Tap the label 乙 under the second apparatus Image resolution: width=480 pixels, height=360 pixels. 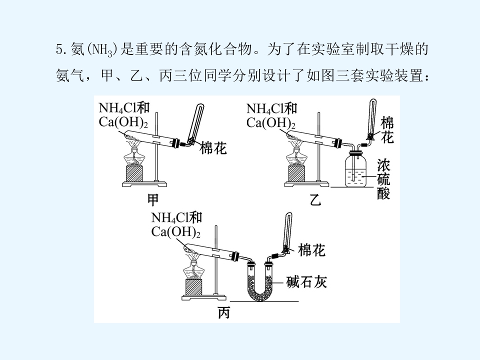[x=315, y=200]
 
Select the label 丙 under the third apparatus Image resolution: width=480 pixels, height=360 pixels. [x=224, y=313]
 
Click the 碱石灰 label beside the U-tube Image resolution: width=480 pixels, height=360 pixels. [x=306, y=282]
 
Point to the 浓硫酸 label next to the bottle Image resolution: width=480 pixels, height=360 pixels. [x=383, y=179]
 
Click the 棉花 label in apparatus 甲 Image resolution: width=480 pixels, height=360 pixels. [x=213, y=148]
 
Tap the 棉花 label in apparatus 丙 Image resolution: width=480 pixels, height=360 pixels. [x=311, y=250]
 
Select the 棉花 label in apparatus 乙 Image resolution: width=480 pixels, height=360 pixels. [x=387, y=130]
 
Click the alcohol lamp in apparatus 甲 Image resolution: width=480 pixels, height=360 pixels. [x=134, y=155]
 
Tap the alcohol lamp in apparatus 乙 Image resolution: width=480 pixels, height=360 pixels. [x=296, y=156]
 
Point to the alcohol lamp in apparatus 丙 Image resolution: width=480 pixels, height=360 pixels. [x=193, y=267]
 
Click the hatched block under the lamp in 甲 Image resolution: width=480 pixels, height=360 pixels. [x=134, y=174]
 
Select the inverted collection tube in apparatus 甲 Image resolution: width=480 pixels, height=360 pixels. [x=196, y=123]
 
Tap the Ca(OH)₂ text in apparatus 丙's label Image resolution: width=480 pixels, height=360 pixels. [x=175, y=232]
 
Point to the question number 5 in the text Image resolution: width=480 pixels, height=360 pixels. [x=59, y=49]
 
